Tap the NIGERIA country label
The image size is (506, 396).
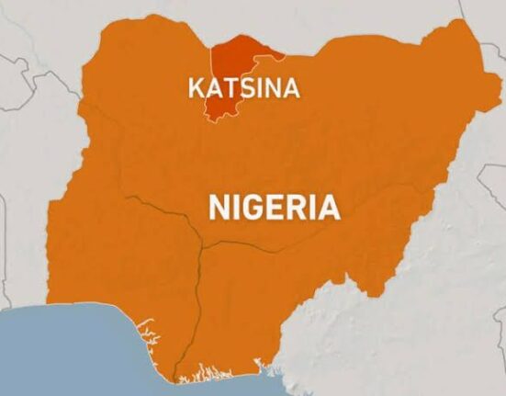coord(275,207)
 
